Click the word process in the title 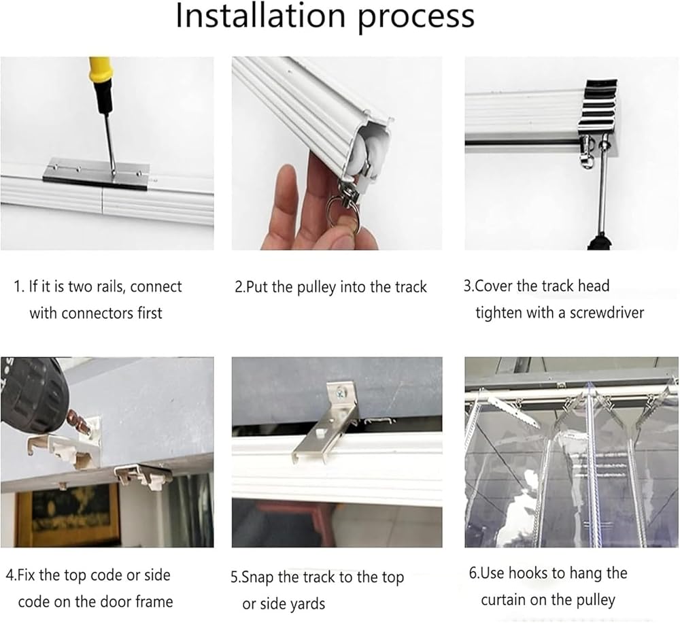[417, 18]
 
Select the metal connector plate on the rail [97, 173]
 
